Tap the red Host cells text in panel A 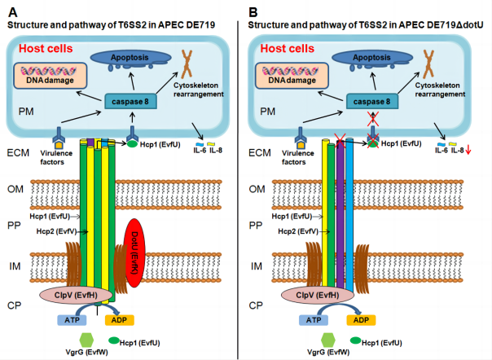click(x=46, y=49)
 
